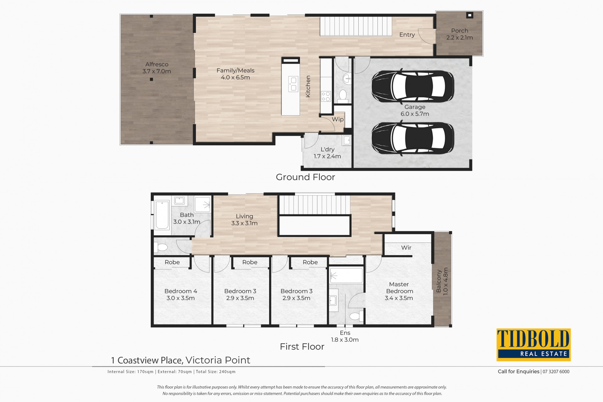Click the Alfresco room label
[157, 64]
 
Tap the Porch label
[459, 31]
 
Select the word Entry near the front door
[407, 35]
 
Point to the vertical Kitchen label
[308, 86]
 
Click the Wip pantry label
[338, 120]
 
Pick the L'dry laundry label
[328, 149]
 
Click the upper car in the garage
[413, 86]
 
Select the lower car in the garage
[413, 139]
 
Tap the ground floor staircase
[356, 26]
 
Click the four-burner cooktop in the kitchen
[326, 96]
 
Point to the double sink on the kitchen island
[293, 84]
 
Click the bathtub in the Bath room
[162, 215]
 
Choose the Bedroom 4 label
[181, 291]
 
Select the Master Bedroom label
[399, 288]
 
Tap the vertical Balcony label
[439, 281]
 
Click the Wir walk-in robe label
[406, 248]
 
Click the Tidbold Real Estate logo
[533, 345]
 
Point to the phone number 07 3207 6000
[556, 372]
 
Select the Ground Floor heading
[305, 177]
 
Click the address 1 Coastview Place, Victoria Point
[181, 360]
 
